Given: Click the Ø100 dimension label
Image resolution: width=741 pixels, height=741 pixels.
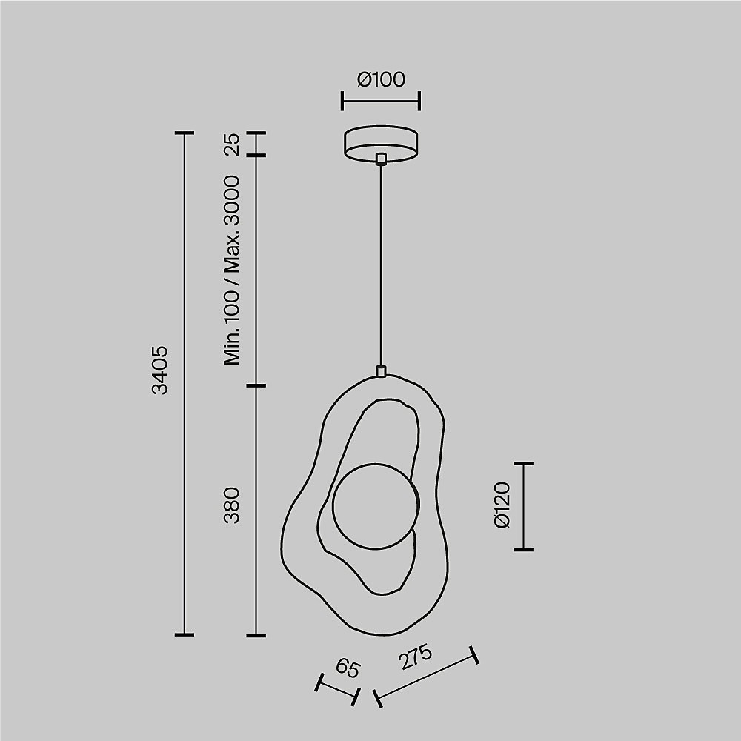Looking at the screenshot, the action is (x=381, y=79).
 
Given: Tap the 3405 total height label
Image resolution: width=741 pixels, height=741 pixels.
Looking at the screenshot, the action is (x=160, y=370).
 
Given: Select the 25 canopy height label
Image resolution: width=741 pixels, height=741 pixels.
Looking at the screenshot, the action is (x=231, y=144).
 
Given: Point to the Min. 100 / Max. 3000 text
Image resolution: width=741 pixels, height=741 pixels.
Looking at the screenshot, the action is (x=231, y=270).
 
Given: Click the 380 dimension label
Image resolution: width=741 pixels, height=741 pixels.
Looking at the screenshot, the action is (x=231, y=505).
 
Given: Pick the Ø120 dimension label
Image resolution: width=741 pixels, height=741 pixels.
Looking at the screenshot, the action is (x=502, y=505).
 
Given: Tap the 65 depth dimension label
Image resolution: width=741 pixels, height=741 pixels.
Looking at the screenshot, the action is (x=348, y=668).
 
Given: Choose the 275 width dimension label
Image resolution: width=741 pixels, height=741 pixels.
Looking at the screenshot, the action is (x=416, y=657).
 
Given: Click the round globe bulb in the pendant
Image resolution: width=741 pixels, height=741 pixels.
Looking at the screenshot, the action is (x=376, y=506).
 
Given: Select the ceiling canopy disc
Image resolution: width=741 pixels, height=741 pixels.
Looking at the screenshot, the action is (x=381, y=144).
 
